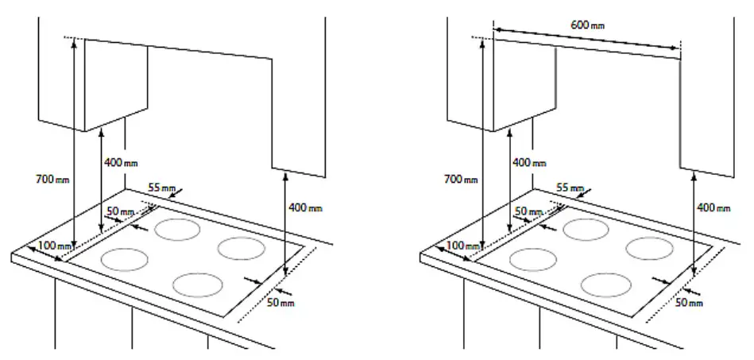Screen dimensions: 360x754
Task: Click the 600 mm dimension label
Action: [x=588, y=25]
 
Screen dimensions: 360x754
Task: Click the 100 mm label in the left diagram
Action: [x=52, y=246]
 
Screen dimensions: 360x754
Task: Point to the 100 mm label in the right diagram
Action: [x=461, y=246]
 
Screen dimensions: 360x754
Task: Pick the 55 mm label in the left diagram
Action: [x=163, y=188]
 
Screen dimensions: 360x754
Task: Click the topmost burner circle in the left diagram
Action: [x=177, y=230]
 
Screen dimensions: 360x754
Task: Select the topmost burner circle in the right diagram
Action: [x=586, y=230]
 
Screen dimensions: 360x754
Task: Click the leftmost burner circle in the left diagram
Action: [x=125, y=259]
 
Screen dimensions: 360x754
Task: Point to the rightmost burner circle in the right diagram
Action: [x=649, y=248]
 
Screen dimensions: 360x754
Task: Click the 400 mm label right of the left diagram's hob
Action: [x=305, y=208]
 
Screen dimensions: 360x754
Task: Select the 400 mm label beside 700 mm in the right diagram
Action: [x=529, y=162]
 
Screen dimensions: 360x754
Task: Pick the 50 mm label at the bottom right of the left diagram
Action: [x=280, y=303]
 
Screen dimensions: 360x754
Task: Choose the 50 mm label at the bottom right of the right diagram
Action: [x=688, y=303]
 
